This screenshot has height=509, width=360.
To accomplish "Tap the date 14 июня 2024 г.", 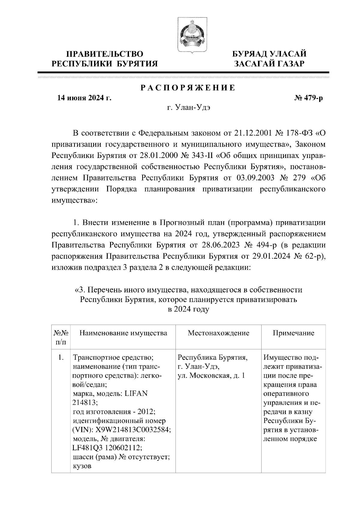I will point(84,98).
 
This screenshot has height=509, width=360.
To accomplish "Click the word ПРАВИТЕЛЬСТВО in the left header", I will point(105,54).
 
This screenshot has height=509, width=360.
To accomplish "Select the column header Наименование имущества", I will point(123,333).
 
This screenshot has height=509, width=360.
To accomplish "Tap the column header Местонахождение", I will point(218,333).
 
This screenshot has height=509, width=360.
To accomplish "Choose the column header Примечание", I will point(293,333).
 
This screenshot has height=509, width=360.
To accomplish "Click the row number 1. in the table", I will point(61,358).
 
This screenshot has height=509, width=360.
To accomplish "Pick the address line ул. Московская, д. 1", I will point(211,376).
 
